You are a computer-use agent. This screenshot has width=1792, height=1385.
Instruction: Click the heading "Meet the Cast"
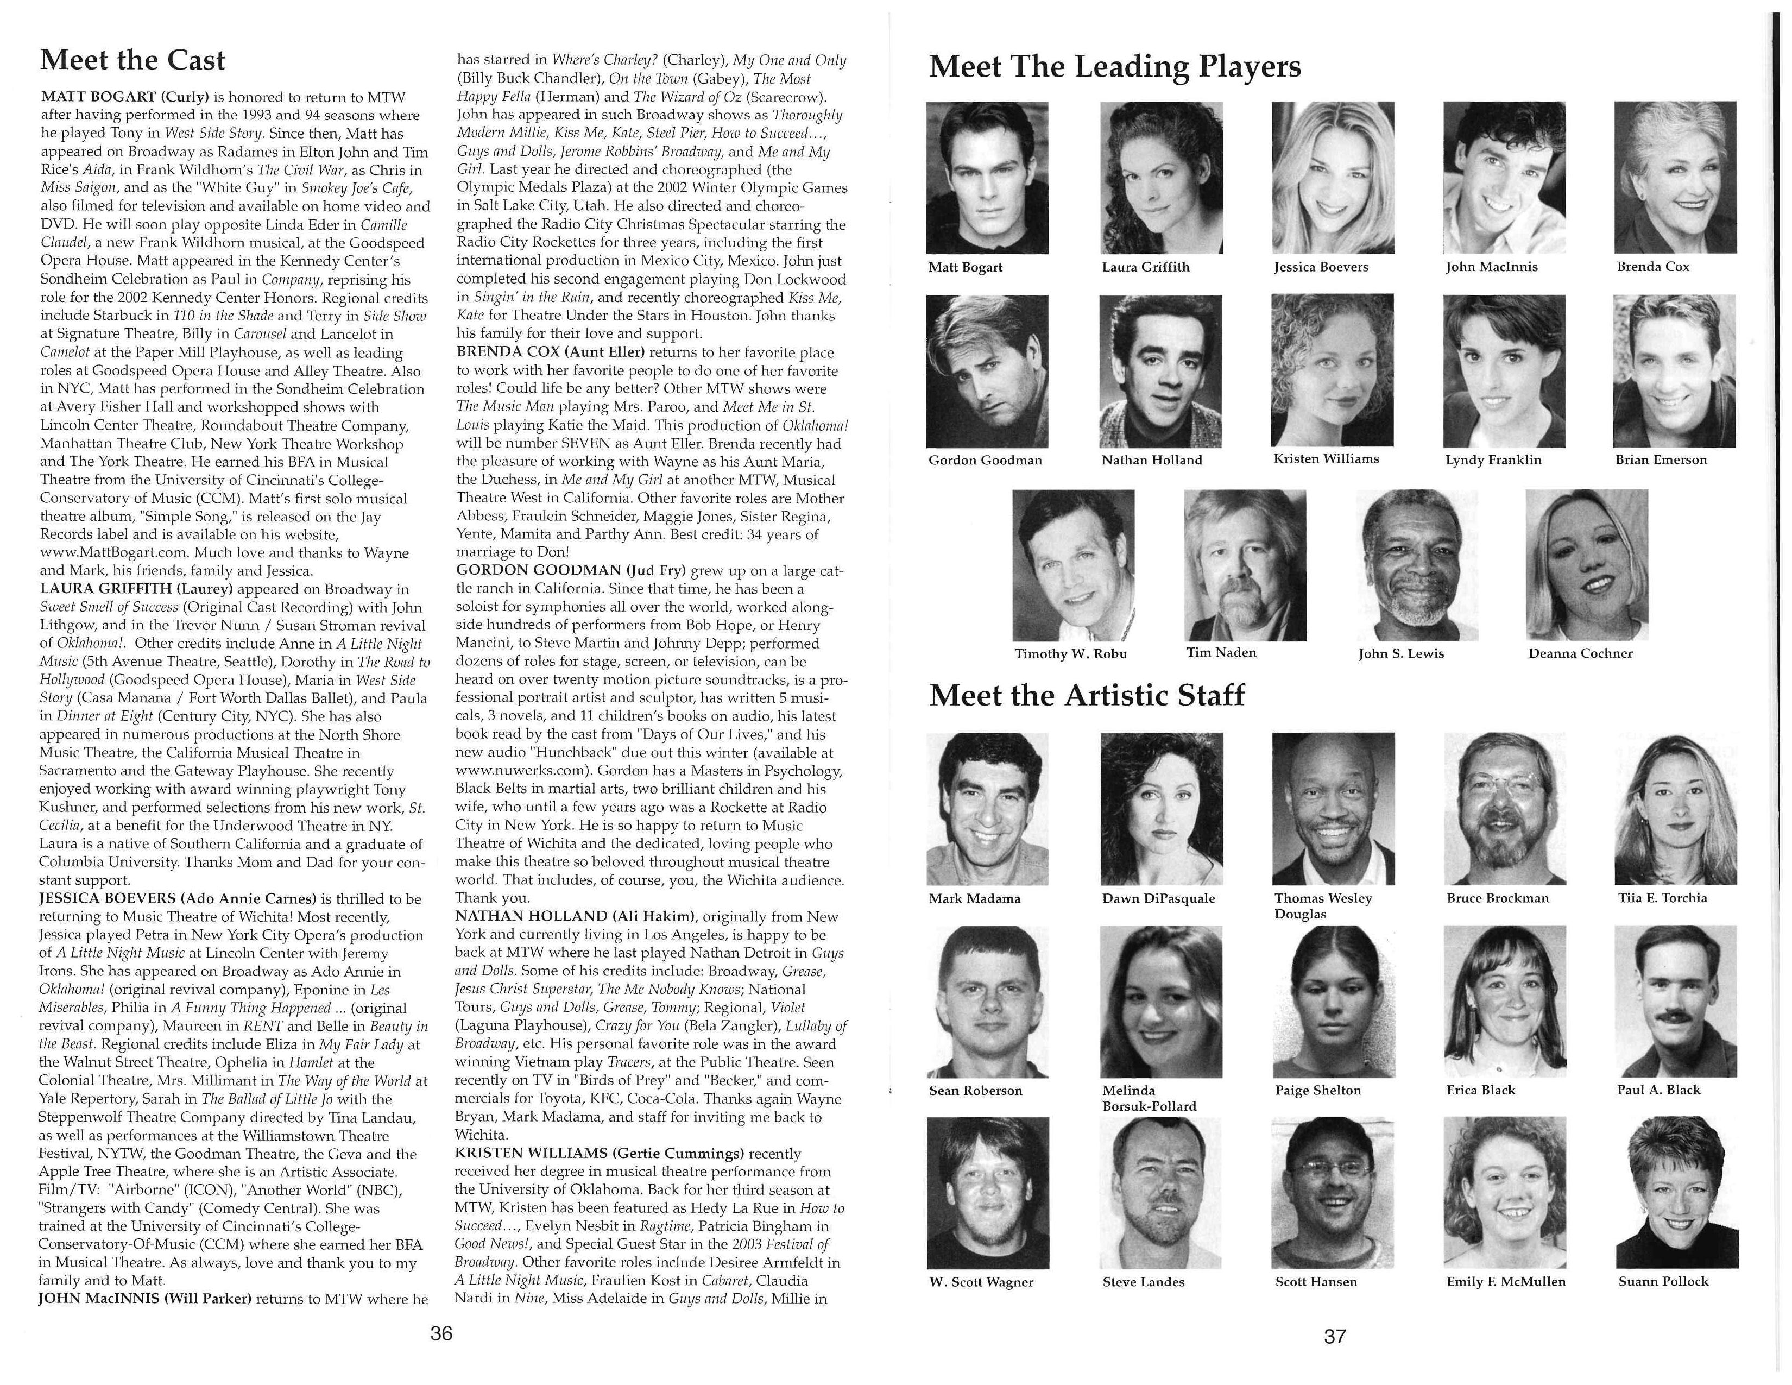tap(133, 60)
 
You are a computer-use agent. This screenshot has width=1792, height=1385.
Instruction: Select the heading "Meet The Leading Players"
tap(1114, 66)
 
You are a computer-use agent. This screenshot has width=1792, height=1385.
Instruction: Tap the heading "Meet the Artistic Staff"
tap(1087, 695)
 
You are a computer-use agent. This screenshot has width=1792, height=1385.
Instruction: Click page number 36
tap(441, 1333)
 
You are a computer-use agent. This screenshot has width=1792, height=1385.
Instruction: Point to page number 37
tap(1335, 1336)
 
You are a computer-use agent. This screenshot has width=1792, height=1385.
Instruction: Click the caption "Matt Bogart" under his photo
tap(965, 267)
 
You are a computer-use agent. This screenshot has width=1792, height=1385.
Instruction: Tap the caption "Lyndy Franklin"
tap(1493, 459)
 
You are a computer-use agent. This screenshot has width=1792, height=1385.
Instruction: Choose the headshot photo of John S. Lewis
tap(1416, 564)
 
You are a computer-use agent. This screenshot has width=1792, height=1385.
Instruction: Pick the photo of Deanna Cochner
tap(1586, 564)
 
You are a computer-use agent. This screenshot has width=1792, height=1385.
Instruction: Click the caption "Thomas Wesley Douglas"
tap(1323, 906)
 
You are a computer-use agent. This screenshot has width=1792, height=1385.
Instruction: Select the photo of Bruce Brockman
tap(1504, 808)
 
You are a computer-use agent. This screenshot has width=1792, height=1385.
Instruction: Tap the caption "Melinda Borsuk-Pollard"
tap(1149, 1098)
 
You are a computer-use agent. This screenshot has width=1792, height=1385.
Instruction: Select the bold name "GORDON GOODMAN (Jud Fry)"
tap(571, 570)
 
